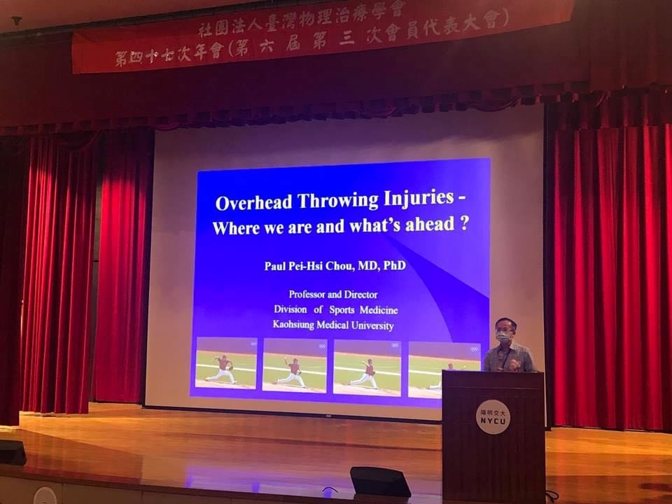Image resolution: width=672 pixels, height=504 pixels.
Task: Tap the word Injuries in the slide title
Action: coord(419,198)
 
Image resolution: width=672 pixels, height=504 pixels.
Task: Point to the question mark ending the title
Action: coord(463,224)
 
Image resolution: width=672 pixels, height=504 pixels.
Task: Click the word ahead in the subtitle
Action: coord(430,224)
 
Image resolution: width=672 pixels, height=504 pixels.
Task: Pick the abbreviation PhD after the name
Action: coord(395,265)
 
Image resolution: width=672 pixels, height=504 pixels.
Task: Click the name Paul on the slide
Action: coord(274,266)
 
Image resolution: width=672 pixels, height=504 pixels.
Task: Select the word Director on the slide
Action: coord(361,295)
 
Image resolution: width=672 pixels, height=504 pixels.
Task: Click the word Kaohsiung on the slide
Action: coord(293,325)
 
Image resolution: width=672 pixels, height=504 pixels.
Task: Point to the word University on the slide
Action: coord(372,325)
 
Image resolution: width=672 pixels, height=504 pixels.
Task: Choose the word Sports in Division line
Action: coord(342,310)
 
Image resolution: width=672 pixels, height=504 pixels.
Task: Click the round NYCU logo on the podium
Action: coord(493,417)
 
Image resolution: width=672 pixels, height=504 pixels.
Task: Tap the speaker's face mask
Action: coord(503,337)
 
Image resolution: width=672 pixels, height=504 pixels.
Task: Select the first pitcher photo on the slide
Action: coord(226,363)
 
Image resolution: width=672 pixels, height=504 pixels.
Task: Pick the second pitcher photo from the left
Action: coord(295,365)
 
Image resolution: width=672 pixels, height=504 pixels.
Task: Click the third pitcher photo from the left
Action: coord(367,367)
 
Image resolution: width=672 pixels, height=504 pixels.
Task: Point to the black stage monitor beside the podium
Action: coord(379,482)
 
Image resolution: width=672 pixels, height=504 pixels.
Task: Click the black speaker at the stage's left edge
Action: coord(13,453)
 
